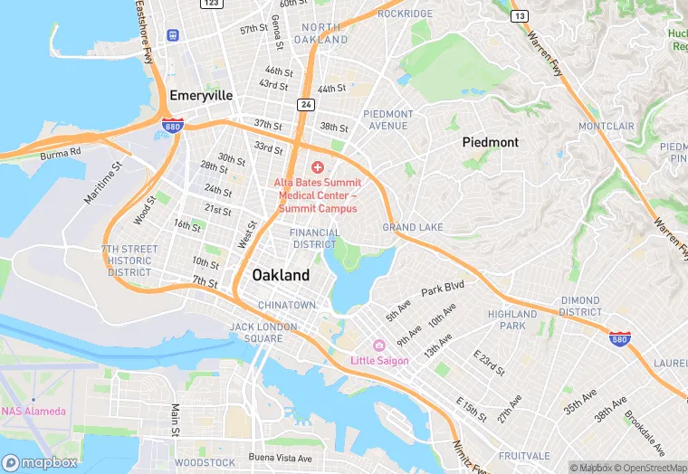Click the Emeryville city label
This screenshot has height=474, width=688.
point(200,95)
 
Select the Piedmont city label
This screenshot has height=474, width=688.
point(490,142)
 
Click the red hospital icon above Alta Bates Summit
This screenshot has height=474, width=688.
point(318,167)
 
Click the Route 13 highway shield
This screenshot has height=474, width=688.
point(519,16)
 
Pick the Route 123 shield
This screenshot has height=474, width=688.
point(212,4)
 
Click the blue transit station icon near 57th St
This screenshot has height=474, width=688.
point(172,34)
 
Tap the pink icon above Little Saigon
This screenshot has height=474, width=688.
point(379,346)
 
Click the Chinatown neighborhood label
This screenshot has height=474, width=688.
point(286,305)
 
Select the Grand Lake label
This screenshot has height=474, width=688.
point(412,227)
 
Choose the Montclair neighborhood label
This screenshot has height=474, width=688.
point(607,126)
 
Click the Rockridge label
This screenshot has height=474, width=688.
point(405,14)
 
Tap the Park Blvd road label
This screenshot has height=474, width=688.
point(442,287)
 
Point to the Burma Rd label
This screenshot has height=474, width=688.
point(61,153)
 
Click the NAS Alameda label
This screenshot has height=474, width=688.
point(33,412)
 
